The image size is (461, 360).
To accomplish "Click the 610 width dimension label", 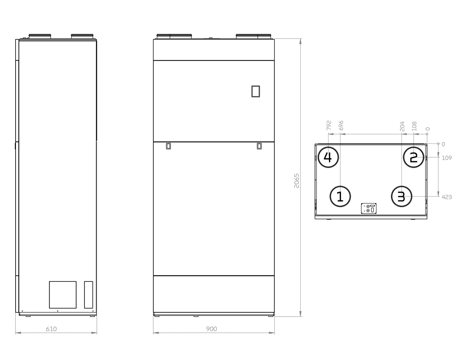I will [x=51, y=329].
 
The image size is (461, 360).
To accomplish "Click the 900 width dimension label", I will [x=211, y=329].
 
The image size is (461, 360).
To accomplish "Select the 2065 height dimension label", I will [x=296, y=180].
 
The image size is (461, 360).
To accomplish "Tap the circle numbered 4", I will [x=328, y=157].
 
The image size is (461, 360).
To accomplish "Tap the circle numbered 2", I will [x=413, y=157].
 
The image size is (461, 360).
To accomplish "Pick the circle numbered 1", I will [x=340, y=197].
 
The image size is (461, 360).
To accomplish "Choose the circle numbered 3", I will [x=401, y=197].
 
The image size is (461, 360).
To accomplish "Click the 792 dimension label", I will [x=329, y=125].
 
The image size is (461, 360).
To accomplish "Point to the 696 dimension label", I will [x=341, y=125].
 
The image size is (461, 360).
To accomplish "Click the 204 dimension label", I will [x=402, y=125].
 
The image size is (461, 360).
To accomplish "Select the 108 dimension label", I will [x=414, y=125].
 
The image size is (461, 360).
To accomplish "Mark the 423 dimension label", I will [x=447, y=197].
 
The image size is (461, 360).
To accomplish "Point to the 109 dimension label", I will [x=447, y=158].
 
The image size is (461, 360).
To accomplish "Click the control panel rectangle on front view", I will [x=256, y=91].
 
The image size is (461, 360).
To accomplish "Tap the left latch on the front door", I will [x=168, y=146].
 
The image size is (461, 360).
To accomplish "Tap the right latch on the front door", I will [x=259, y=146].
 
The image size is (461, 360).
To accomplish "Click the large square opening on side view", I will [x=63, y=295].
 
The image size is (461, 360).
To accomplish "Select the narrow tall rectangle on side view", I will [x=89, y=295].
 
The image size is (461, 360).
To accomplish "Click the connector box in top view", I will [x=369, y=209].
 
